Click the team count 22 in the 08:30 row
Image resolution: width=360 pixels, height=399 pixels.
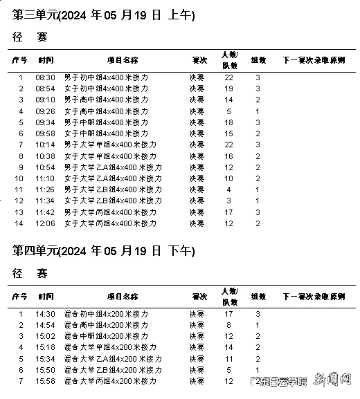click(x=228, y=77)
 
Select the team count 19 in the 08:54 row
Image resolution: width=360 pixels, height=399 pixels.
click(x=228, y=89)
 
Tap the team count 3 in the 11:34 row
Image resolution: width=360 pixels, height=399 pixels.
click(x=228, y=201)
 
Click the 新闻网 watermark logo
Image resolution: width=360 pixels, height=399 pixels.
click(x=334, y=381)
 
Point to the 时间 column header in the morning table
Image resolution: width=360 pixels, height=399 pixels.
click(x=46, y=60)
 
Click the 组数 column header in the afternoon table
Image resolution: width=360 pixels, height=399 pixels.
click(x=257, y=297)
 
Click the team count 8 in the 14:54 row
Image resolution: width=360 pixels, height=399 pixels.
click(x=228, y=325)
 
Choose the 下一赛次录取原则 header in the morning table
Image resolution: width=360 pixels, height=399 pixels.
click(x=314, y=60)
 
